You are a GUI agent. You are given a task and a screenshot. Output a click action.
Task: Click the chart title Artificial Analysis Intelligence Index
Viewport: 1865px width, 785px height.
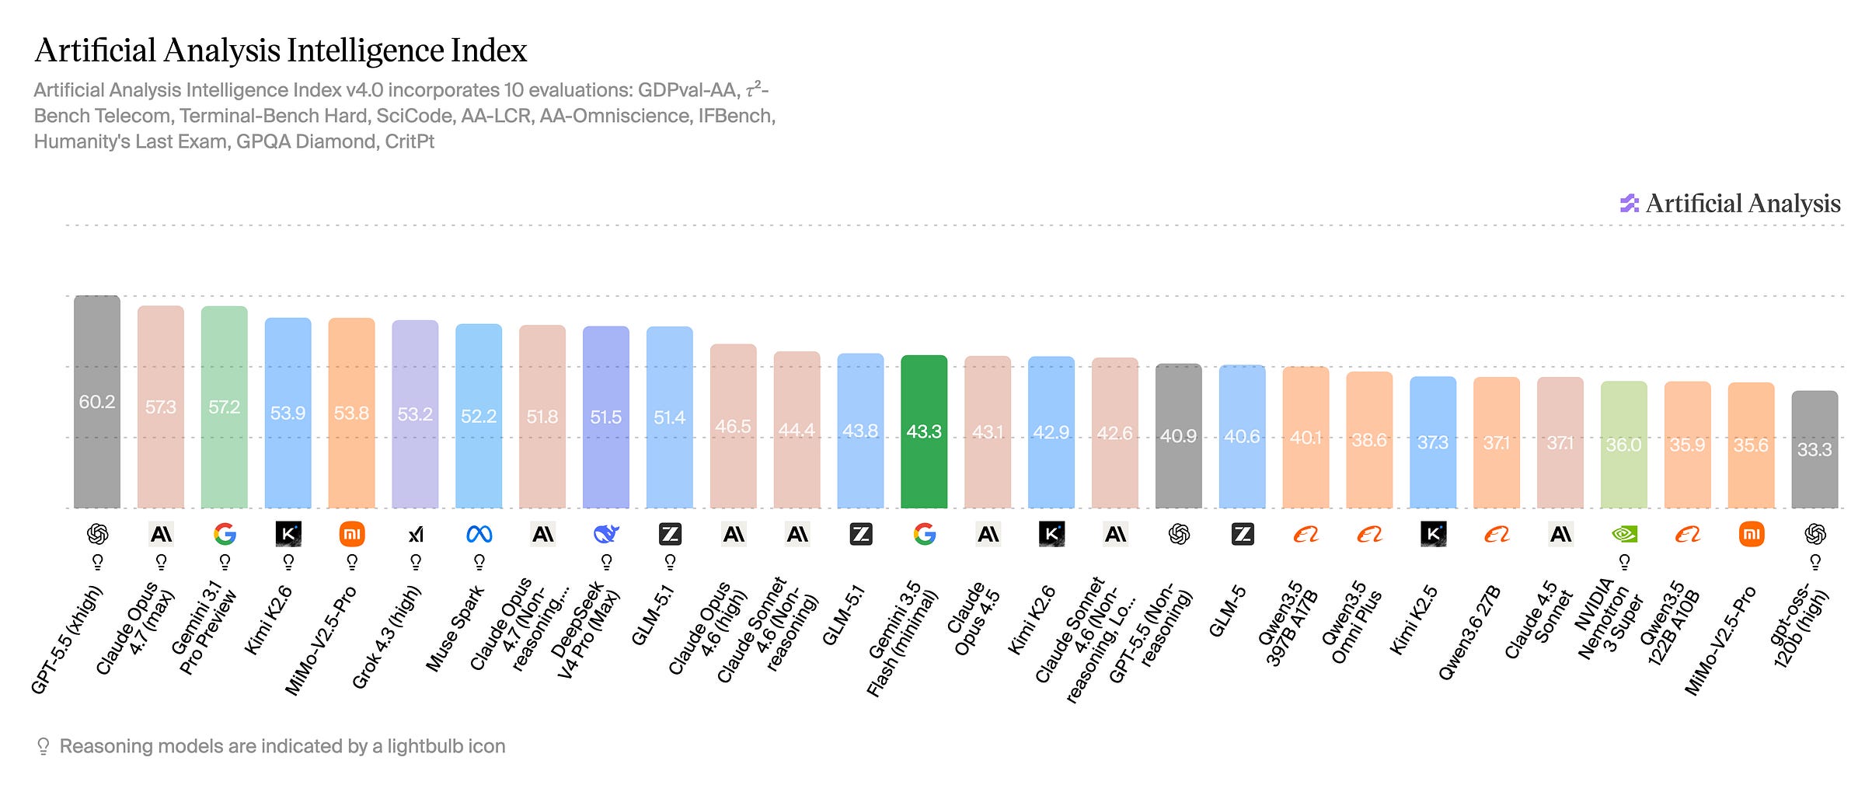[x=281, y=51]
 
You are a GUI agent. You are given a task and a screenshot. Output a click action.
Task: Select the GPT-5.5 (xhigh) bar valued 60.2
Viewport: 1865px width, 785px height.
[x=97, y=402]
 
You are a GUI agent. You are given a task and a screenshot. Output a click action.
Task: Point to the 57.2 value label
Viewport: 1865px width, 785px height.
[x=224, y=406]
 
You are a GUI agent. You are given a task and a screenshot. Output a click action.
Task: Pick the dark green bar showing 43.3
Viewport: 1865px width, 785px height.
[x=924, y=431]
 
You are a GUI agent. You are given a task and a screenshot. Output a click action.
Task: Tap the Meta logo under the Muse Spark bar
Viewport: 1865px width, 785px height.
[x=479, y=534]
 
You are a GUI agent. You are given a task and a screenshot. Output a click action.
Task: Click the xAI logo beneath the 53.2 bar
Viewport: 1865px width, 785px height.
[x=416, y=534]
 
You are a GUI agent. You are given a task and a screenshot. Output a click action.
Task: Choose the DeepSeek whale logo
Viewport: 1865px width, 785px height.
[x=606, y=534]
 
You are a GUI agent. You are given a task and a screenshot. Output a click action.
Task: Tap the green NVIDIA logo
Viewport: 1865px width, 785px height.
[x=1624, y=534]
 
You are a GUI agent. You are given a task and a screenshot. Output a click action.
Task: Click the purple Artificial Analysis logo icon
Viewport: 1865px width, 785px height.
[x=1629, y=204]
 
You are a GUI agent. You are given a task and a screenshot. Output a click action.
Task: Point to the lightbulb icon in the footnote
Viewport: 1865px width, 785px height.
[x=44, y=747]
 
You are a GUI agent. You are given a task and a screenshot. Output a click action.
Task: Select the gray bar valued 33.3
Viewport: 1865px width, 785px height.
[x=1814, y=449]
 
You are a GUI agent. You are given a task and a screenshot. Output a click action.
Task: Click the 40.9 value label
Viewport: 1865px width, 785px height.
[x=1178, y=436]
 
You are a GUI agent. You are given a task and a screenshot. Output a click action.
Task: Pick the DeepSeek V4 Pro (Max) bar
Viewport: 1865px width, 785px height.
[x=606, y=417]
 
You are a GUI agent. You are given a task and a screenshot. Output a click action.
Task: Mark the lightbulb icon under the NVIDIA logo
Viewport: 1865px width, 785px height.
[x=1624, y=562]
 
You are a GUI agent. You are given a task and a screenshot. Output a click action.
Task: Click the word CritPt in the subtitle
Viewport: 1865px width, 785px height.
[x=410, y=141]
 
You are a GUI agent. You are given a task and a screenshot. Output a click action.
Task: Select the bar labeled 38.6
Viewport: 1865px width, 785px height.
[x=1369, y=440]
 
